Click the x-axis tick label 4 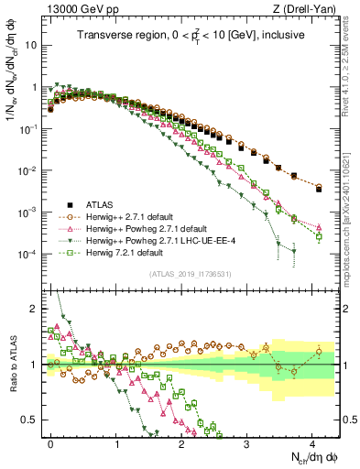(x=312, y=441)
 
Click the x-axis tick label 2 (x=181, y=441)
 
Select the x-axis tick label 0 (x=50, y=441)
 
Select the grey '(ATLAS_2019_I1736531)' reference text (x=182, y=274)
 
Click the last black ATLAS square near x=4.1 (x=319, y=189)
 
